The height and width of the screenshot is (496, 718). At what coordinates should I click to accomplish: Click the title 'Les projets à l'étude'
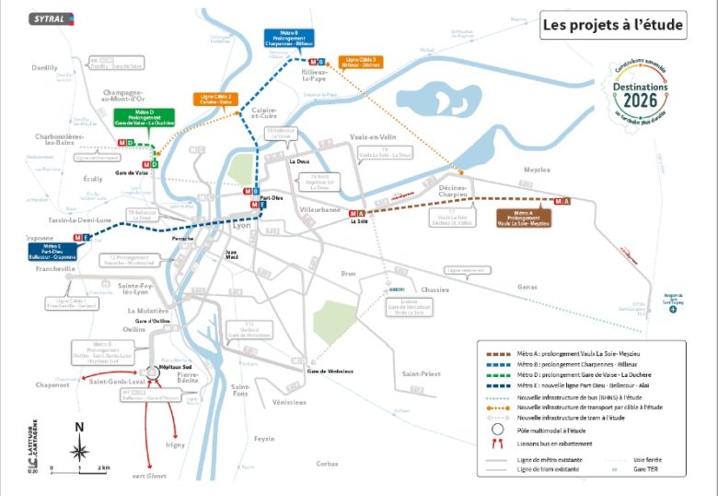coord(612,25)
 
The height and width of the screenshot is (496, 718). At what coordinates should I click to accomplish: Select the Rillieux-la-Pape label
coord(316,75)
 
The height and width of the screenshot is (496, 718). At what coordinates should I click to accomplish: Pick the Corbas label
coord(327,463)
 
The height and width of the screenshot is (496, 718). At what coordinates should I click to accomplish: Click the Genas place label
coord(527,287)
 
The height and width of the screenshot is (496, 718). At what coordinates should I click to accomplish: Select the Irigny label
coord(175,443)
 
